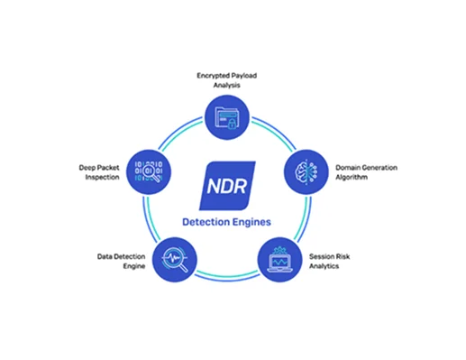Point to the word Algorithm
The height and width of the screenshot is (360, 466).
(x=355, y=179)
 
